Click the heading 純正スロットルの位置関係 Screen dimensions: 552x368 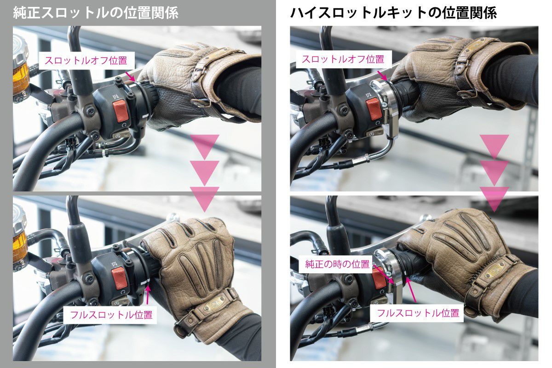click(96, 13)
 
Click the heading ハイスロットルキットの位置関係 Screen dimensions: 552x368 click(394, 13)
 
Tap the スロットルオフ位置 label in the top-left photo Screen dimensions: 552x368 click(86, 60)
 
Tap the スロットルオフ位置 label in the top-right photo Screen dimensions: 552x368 click(343, 59)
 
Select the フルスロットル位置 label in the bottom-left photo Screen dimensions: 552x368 click(111, 315)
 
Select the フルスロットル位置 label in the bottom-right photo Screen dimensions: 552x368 click(418, 313)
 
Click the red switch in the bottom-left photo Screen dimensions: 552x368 click(120, 278)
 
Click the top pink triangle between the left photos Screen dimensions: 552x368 click(205, 147)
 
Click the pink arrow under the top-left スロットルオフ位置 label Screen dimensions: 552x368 click(130, 76)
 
